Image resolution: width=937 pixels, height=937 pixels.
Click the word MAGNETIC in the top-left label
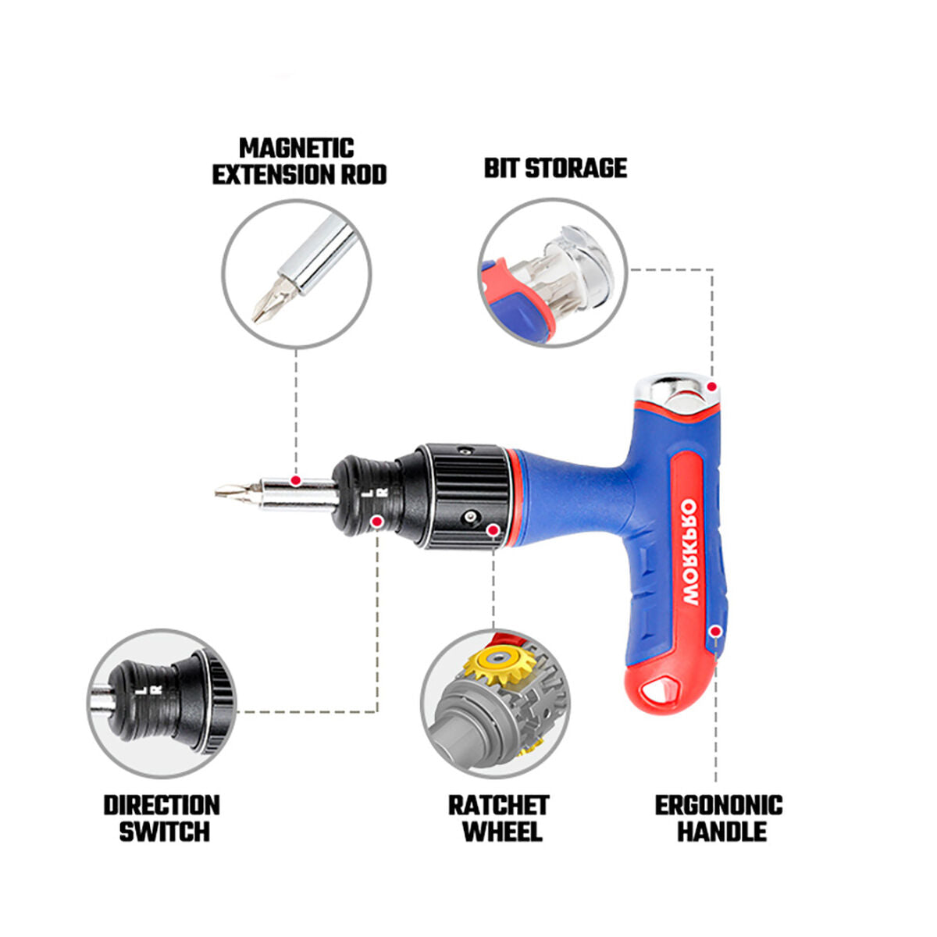[296, 148]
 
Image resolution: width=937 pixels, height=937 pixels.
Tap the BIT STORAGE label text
[555, 168]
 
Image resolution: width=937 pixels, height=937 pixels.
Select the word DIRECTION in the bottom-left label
[162, 805]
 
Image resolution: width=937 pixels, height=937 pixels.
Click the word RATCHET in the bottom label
[498, 805]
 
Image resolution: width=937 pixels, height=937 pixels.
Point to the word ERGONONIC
[718, 805]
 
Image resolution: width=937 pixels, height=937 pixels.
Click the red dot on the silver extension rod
[295, 479]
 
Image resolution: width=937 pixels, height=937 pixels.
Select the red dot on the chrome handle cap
[711, 387]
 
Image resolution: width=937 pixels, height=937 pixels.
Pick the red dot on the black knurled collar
[493, 530]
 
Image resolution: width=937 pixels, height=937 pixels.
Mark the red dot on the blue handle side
[715, 630]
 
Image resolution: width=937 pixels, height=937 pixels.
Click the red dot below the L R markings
[377, 521]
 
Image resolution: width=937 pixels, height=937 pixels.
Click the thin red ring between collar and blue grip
[513, 497]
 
